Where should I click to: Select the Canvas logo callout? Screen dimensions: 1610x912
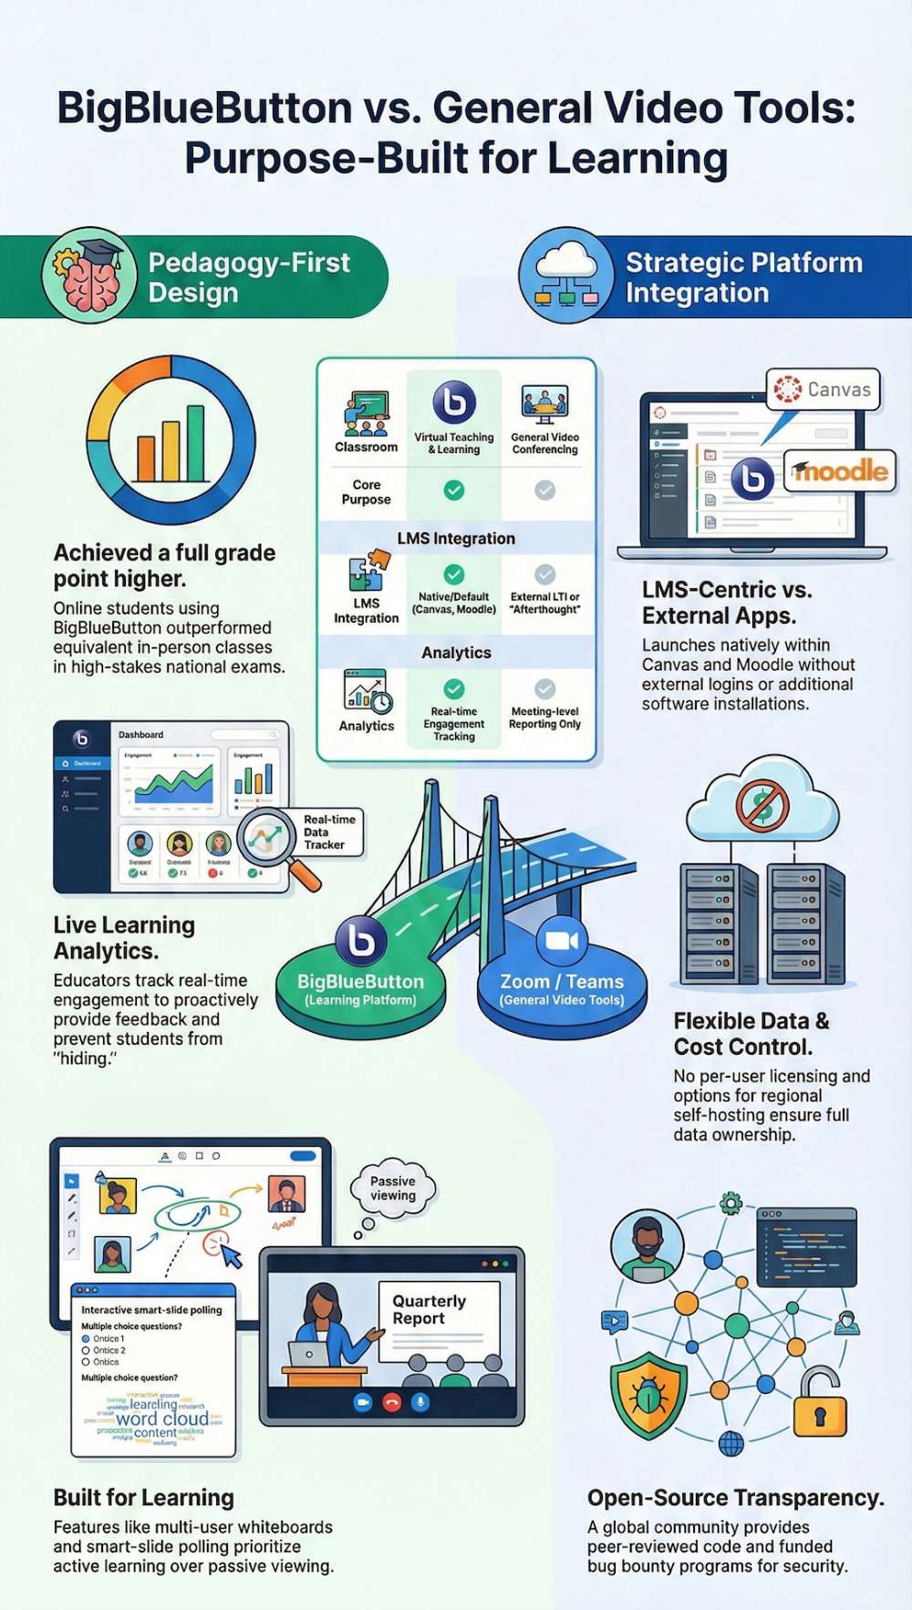(x=824, y=390)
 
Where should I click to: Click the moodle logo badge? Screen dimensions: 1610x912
(x=840, y=470)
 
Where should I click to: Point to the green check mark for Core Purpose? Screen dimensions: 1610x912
(x=454, y=490)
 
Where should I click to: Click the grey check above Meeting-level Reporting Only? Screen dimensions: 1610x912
(x=544, y=688)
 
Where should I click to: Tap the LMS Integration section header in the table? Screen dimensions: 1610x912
(x=456, y=538)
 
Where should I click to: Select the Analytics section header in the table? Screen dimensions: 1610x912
(x=456, y=653)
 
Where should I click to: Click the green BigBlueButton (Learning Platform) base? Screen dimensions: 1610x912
(x=360, y=989)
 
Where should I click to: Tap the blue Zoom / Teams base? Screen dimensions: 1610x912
(x=562, y=989)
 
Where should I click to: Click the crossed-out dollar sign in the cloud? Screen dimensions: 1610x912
(x=762, y=804)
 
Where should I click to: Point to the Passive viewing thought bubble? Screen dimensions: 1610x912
(x=393, y=1188)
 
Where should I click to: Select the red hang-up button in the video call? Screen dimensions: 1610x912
(x=391, y=1402)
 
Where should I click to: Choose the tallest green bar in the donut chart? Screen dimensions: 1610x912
(x=195, y=441)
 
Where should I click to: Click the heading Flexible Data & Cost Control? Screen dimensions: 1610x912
(x=751, y=1034)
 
